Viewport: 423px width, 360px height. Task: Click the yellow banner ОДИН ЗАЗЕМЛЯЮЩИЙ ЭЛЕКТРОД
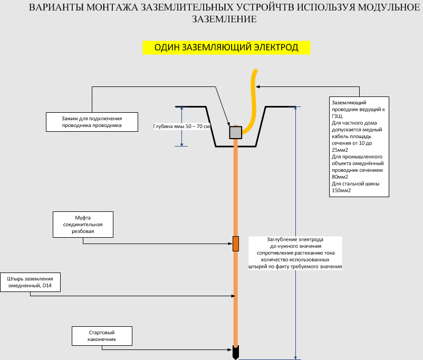pyautogui.click(x=226, y=47)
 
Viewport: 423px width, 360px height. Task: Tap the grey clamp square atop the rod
pyautogui.click(x=235, y=132)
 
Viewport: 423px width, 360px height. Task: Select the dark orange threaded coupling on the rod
pyautogui.click(x=235, y=244)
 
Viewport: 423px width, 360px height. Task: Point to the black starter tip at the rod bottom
pyautogui.click(x=235, y=352)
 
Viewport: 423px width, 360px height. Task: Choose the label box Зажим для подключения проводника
pyautogui.click(x=92, y=122)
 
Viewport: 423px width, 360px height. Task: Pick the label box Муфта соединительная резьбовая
pyautogui.click(x=84, y=225)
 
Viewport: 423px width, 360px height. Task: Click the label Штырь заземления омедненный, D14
pyautogui.click(x=30, y=282)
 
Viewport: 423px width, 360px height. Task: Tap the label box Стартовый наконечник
pyautogui.click(x=101, y=336)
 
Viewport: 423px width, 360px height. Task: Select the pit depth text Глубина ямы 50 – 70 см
pyautogui.click(x=181, y=127)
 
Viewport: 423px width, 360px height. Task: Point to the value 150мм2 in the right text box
pyautogui.click(x=341, y=190)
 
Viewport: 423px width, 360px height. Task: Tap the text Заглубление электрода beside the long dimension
pyautogui.click(x=296, y=239)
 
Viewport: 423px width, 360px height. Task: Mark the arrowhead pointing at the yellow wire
pyautogui.click(x=258, y=86)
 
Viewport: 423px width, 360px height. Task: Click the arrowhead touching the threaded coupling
pyautogui.click(x=230, y=244)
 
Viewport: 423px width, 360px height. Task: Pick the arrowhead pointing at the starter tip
pyautogui.click(x=230, y=349)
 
